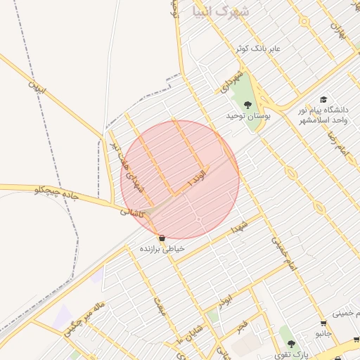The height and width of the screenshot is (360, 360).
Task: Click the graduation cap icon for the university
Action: click(323, 100)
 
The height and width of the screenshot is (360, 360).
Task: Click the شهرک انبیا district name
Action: click(219, 12)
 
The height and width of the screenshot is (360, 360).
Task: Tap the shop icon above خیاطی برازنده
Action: click(162, 238)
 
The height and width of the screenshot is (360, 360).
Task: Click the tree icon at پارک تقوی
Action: click(291, 344)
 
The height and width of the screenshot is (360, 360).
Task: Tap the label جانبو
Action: click(323, 333)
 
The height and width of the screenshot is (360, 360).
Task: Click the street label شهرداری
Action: click(231, 79)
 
